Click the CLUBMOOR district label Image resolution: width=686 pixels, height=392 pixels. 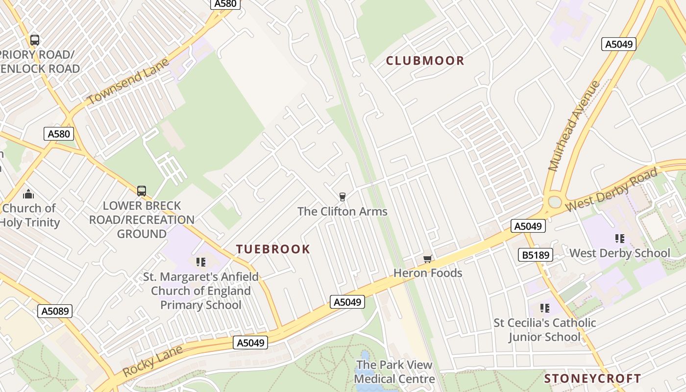pos(425,61)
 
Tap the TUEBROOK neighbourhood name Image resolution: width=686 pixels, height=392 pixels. pos(273,249)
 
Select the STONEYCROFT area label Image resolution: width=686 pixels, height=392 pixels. pos(592,378)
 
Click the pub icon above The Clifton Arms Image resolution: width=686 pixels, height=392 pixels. pos(342,197)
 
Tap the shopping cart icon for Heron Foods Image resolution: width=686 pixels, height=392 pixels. pos(428,259)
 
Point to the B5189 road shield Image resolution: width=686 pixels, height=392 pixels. pos(536,255)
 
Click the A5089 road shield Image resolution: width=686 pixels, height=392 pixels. pos(55,311)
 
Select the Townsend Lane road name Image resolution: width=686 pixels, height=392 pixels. pos(128,82)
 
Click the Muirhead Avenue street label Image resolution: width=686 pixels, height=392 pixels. pos(574,125)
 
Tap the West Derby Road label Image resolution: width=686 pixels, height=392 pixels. pos(611,191)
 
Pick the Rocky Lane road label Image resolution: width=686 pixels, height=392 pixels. pos(152,361)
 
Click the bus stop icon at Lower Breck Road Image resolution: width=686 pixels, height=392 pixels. pos(142,191)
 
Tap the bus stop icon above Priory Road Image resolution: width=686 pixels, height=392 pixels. pos(34,40)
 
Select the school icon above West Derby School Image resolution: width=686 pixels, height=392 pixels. pos(619,239)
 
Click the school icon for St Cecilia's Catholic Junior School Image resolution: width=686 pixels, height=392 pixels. pos(544,308)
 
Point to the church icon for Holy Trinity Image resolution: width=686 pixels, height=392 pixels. pos(28,194)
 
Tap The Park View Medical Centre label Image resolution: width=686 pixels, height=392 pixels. pos(394,372)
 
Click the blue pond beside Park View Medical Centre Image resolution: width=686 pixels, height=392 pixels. pos(365,360)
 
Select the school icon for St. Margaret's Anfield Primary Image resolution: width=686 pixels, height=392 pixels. pos(200,262)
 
